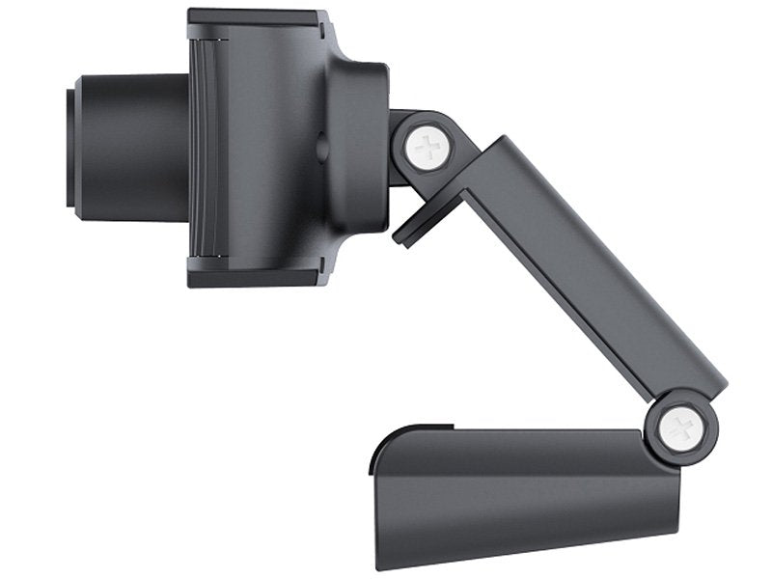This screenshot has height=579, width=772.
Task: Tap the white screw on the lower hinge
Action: click(681, 425)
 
